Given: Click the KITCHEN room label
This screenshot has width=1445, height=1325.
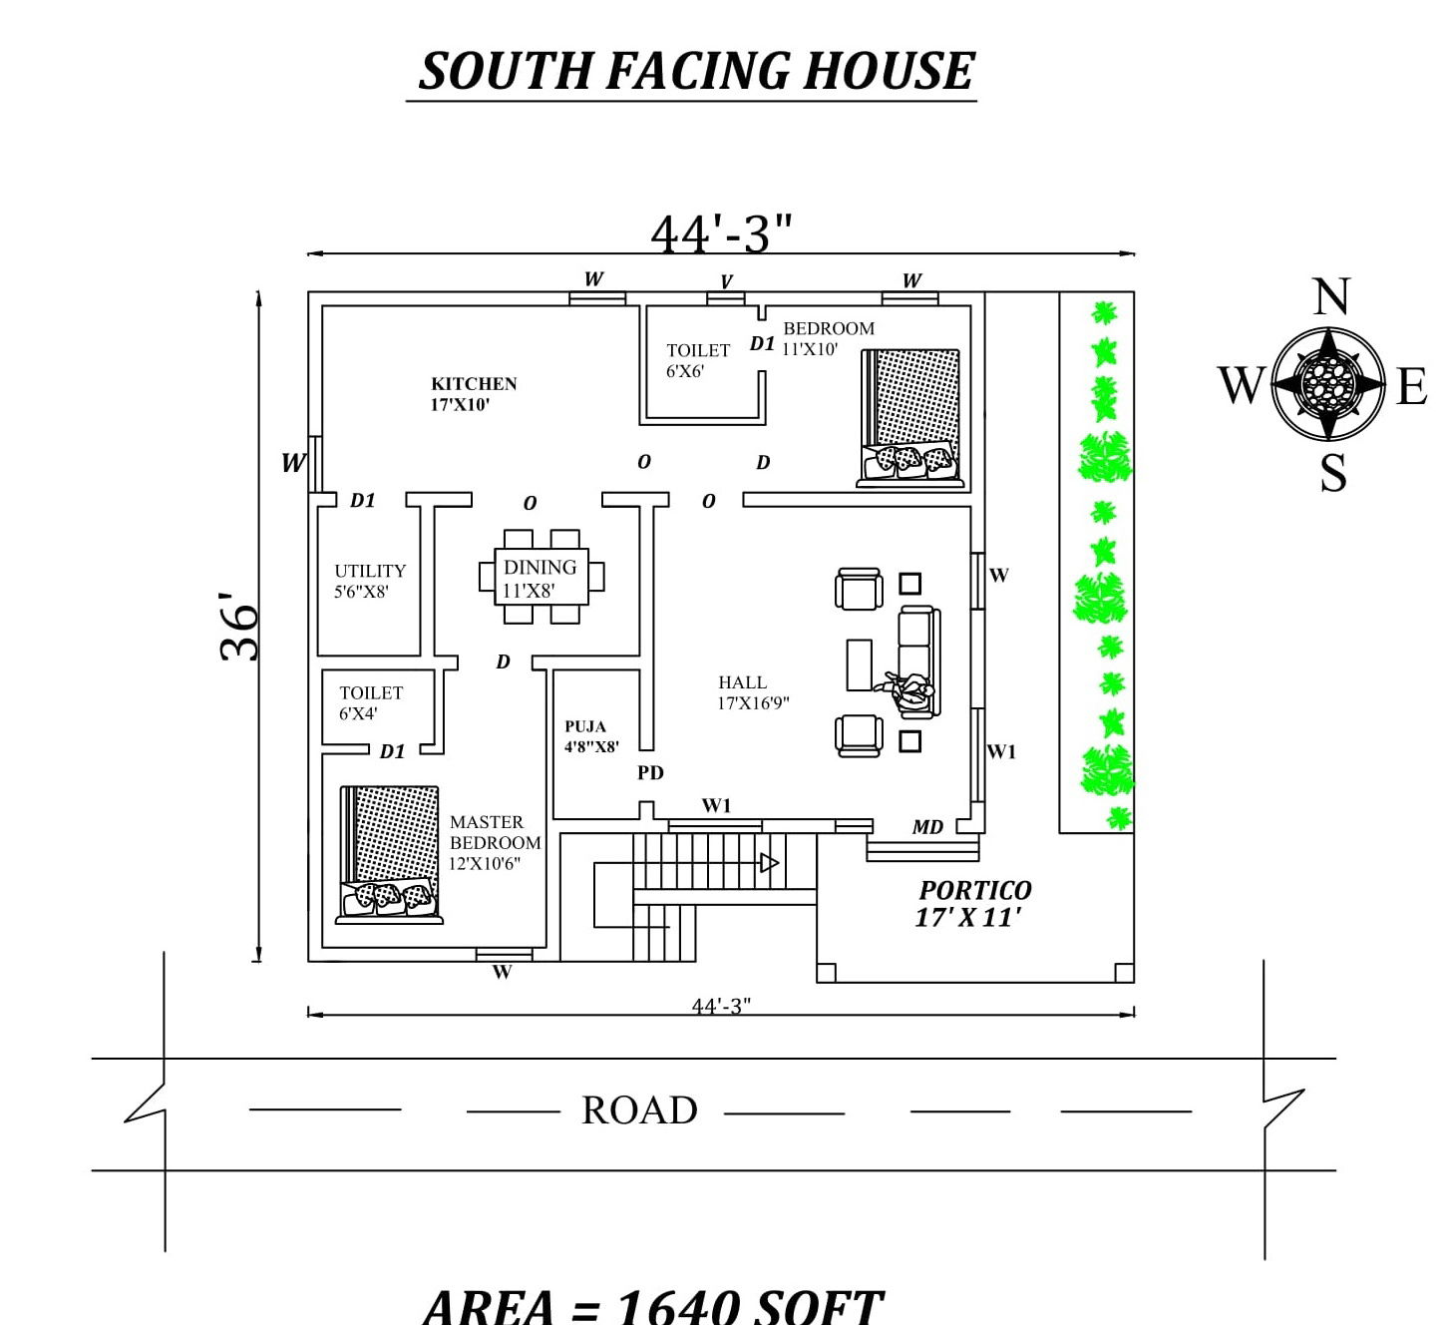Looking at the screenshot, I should [x=473, y=393].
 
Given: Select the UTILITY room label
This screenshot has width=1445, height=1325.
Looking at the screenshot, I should [x=370, y=581].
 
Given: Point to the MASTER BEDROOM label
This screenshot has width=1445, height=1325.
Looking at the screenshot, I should [x=494, y=842].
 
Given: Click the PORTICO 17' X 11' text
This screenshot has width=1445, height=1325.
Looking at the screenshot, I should [x=973, y=903].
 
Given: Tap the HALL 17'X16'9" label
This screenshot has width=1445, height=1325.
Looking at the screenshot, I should [x=752, y=692].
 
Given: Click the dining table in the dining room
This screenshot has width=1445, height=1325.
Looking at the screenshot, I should [x=542, y=578].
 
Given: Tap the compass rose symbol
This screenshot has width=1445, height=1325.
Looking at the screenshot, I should [x=1328, y=383].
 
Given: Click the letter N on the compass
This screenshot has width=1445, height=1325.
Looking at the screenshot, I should [x=1331, y=297].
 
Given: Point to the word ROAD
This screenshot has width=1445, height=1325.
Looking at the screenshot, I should [x=639, y=1110].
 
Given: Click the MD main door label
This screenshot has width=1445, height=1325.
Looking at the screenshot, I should [x=927, y=827].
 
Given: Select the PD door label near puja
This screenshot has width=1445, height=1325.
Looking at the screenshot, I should [x=650, y=772].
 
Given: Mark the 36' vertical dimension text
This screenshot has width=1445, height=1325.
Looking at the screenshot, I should [x=239, y=628].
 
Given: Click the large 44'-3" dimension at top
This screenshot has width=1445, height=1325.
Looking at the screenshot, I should [x=721, y=234].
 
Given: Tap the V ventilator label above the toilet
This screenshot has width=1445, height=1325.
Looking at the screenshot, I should [x=726, y=281].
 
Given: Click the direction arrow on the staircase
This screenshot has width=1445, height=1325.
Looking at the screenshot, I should [x=769, y=862].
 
